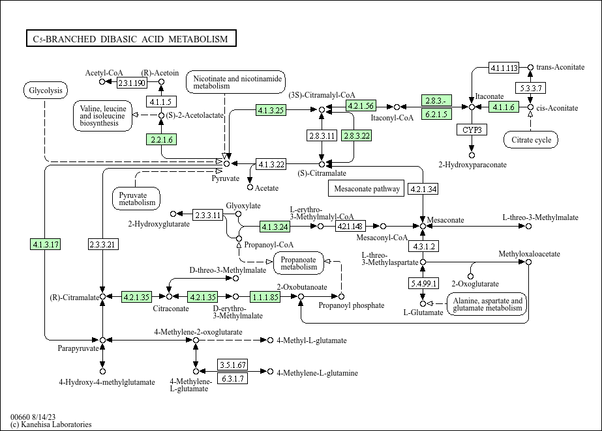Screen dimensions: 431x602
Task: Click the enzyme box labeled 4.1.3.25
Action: [271, 110]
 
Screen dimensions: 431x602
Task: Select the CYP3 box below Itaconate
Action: [472, 130]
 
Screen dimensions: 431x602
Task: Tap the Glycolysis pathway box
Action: [46, 90]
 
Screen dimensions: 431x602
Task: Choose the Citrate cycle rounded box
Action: [531, 139]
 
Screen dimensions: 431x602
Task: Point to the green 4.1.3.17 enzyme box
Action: [45, 244]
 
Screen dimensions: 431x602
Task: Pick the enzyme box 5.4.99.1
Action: [423, 283]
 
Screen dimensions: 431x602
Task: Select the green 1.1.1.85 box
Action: [265, 297]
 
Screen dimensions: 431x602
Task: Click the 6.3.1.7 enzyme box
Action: [232, 378]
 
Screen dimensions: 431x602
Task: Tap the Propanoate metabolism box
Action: [299, 262]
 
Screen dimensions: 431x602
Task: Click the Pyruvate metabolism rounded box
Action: [137, 198]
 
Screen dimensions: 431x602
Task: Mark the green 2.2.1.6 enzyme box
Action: [161, 139]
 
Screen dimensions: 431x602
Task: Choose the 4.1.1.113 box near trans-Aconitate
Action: [504, 68]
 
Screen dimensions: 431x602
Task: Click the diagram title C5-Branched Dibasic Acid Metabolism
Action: [130, 39]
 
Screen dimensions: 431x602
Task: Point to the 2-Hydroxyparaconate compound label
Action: [472, 165]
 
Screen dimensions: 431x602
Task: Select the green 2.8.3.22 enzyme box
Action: [356, 135]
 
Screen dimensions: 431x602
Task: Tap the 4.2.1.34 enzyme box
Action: [423, 189]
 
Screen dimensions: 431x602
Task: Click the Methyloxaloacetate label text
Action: [529, 253]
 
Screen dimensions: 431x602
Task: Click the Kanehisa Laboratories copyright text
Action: [51, 424]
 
